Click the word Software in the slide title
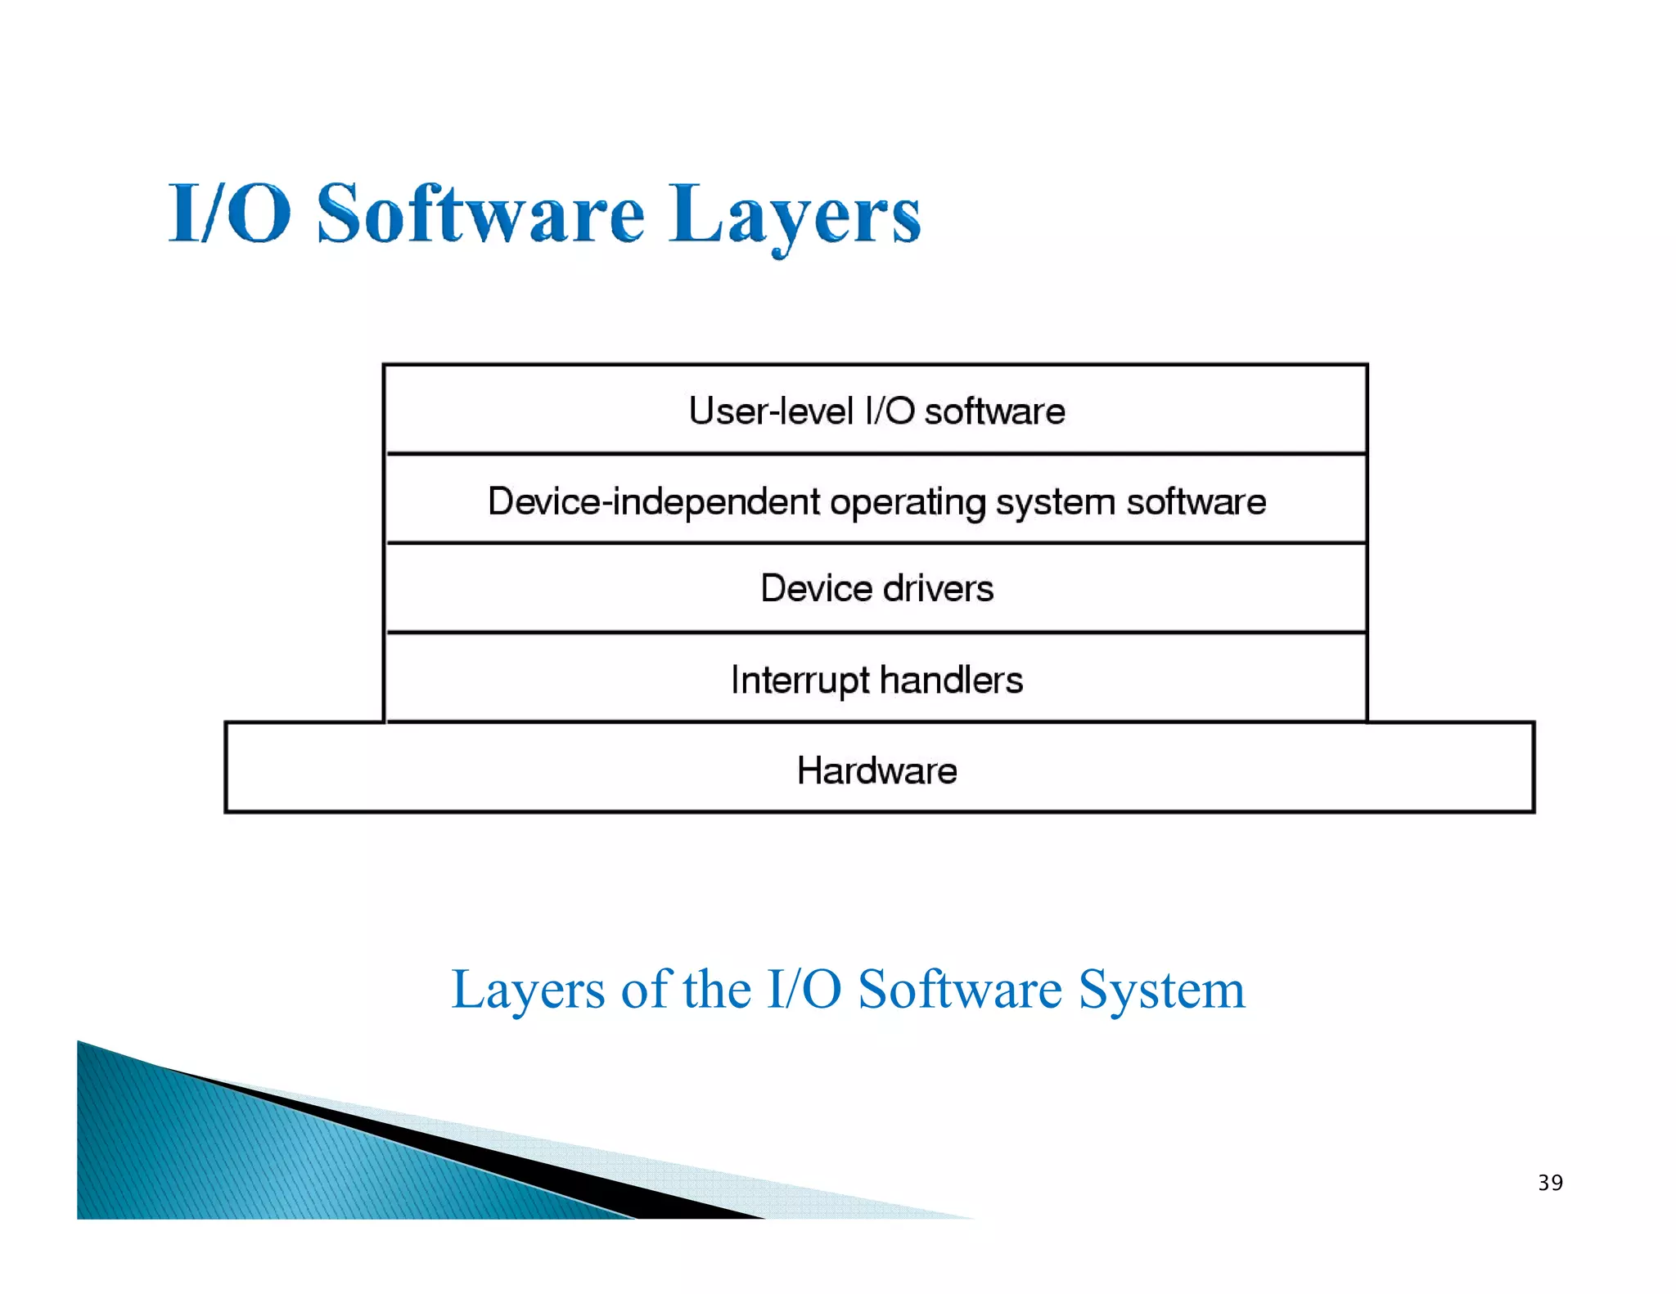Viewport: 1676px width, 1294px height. point(481,214)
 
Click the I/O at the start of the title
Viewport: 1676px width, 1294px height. point(230,214)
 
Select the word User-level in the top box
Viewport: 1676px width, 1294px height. point(770,411)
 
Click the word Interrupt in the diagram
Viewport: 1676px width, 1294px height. point(800,681)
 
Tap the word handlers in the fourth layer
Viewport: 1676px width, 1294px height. point(951,680)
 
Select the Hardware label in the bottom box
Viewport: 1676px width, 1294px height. point(876,771)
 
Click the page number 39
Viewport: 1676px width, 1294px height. point(1550,1183)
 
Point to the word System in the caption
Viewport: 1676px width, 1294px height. point(1161,991)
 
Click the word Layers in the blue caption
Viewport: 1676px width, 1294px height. point(528,991)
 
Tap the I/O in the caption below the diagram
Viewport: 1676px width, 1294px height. point(804,989)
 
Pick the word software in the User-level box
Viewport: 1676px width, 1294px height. point(994,411)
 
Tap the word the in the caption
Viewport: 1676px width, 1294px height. point(717,989)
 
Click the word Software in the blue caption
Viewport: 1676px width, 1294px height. point(960,989)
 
